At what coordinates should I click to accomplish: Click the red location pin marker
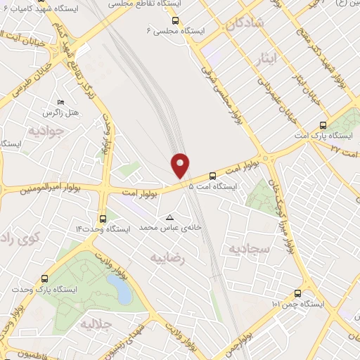point(181,165)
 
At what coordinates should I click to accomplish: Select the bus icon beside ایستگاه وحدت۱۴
point(103,218)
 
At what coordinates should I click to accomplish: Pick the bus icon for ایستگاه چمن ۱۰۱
point(297,293)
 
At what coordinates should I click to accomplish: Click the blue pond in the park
point(119,288)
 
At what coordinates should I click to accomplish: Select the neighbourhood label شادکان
point(245,23)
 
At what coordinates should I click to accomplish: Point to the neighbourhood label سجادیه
point(245,248)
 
